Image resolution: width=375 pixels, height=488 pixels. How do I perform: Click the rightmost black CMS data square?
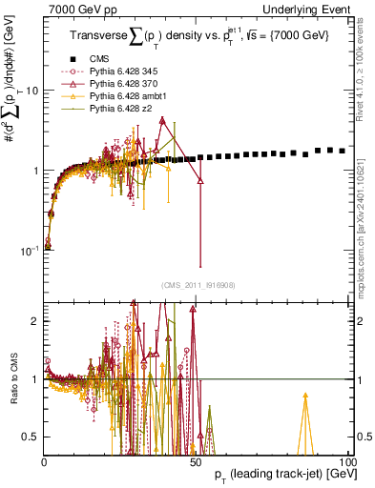(343, 151)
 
